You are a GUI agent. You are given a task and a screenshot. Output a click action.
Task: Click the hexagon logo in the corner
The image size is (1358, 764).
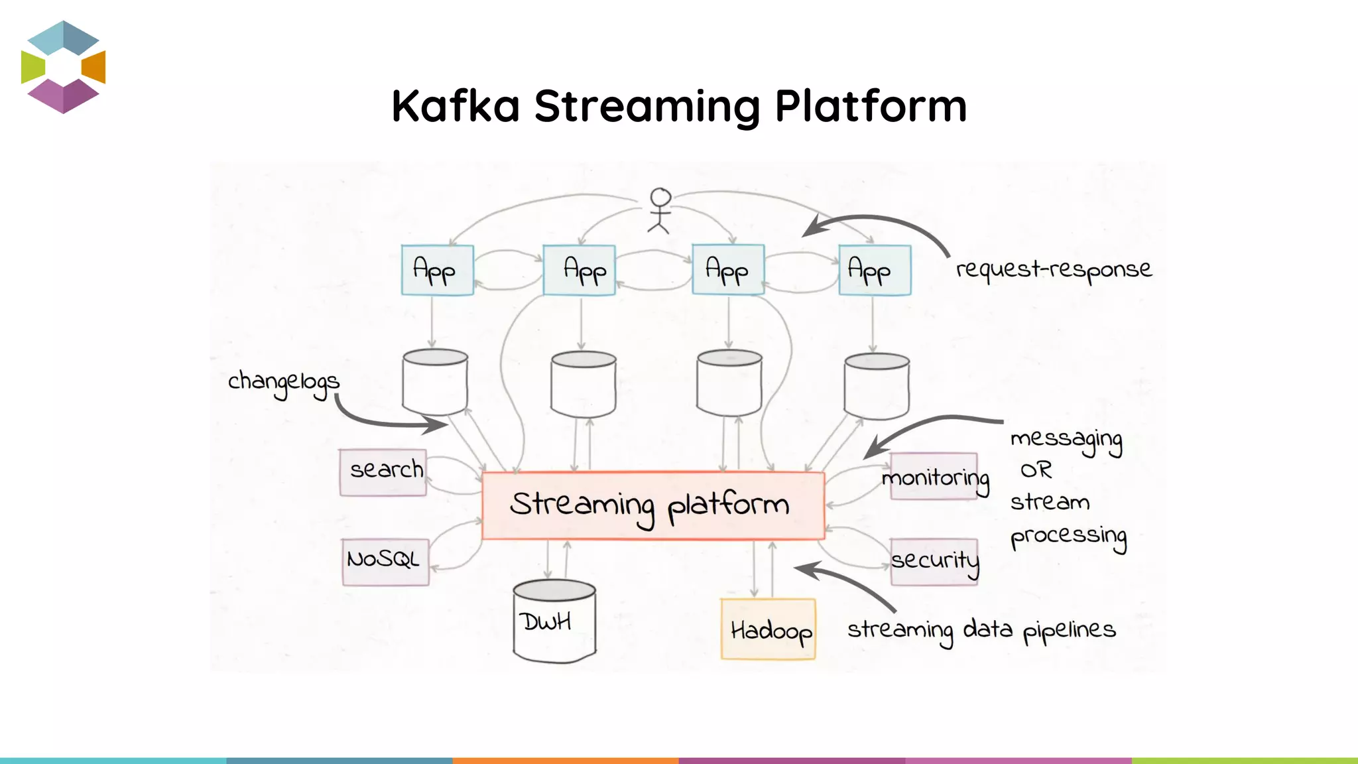tap(63, 67)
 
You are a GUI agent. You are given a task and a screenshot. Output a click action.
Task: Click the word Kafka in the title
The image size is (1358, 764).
tap(456, 106)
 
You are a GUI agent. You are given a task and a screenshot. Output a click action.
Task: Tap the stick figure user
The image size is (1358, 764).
tap(660, 211)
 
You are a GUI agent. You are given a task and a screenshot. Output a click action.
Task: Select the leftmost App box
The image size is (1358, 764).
tap(437, 270)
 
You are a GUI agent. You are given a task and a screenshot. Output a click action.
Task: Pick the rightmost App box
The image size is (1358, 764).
tap(875, 270)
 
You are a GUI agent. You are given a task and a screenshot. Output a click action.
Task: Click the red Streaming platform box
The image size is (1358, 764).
tap(652, 505)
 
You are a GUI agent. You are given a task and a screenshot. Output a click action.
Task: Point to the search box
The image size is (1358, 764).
tap(383, 472)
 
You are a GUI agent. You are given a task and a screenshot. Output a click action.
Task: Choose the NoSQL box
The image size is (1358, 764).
tap(385, 561)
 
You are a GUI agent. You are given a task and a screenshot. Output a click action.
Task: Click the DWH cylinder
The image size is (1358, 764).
tap(554, 621)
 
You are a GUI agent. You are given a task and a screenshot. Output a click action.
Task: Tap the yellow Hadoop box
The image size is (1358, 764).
tap(768, 629)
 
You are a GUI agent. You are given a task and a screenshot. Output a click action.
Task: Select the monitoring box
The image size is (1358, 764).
tap(934, 477)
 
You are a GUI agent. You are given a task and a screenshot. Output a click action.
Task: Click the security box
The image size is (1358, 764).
tap(934, 561)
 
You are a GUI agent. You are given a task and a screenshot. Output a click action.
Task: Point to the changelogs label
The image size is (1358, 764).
tap(283, 383)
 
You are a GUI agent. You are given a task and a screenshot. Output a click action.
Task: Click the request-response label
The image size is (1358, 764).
tap(1053, 269)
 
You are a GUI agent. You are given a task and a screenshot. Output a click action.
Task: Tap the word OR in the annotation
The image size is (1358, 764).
tap(1036, 470)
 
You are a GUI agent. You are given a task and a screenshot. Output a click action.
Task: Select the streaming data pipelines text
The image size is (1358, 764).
tap(981, 629)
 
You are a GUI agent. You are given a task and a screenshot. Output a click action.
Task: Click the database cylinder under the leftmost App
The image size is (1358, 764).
tap(435, 383)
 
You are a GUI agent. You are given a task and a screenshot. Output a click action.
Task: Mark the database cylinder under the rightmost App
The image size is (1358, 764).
tap(877, 386)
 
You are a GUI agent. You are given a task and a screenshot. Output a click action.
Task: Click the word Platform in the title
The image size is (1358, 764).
tap(871, 106)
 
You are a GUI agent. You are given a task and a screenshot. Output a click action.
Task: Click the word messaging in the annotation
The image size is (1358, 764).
tap(1066, 440)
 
